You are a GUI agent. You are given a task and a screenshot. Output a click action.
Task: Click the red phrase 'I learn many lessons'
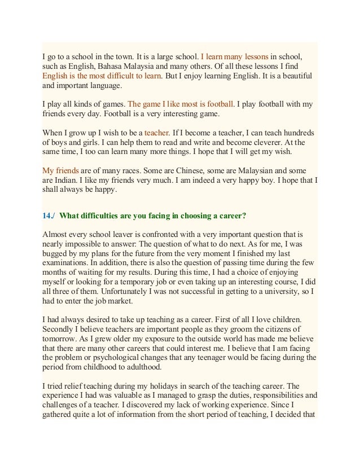[234, 57]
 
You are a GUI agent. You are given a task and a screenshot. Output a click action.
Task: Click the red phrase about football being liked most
[181, 104]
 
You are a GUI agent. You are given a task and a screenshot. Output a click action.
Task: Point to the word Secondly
[60, 328]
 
